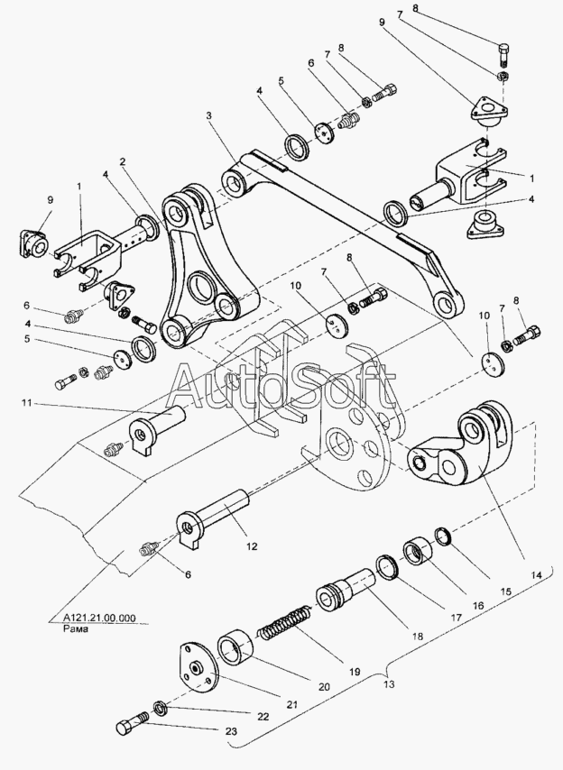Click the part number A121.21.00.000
(100, 619)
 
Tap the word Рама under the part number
(76, 628)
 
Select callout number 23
(231, 731)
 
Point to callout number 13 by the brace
(389, 684)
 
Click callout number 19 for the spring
(355, 672)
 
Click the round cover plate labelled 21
(196, 667)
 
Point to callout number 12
(252, 546)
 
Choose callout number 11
(26, 403)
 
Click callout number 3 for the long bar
(208, 116)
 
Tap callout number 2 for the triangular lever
(122, 161)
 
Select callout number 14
(536, 574)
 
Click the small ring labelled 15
(444, 536)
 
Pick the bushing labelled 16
(418, 552)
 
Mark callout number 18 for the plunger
(417, 637)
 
